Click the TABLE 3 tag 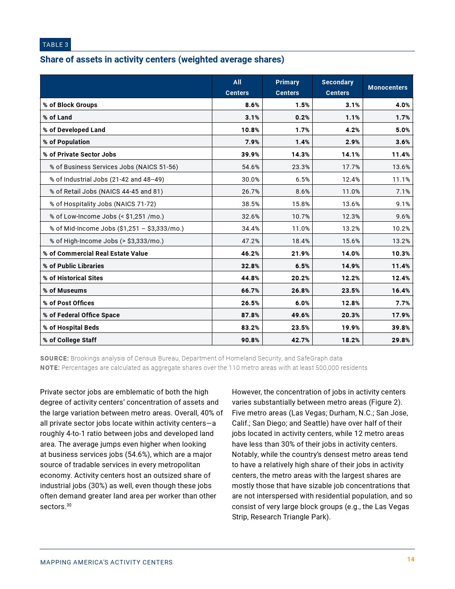point(55,45)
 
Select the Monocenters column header point(387,87)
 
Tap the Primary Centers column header point(287,87)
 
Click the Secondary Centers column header point(337,87)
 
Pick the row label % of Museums point(65,290)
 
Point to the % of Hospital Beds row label point(71,328)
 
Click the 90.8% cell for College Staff point(250,340)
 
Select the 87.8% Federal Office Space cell point(250,315)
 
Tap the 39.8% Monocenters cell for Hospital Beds point(401,328)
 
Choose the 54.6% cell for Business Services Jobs point(250,167)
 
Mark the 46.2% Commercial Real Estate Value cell point(250,253)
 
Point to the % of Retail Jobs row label point(106,191)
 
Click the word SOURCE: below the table point(54,358)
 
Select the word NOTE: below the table point(50,368)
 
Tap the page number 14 point(411,560)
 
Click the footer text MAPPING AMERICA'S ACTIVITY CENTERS point(106,562)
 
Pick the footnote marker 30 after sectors point(69,505)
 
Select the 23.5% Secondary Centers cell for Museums point(351,290)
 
